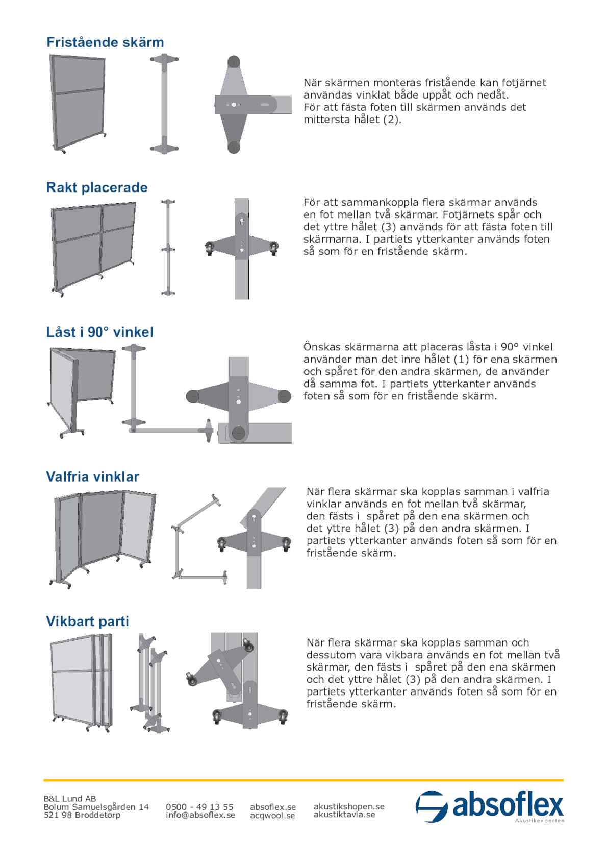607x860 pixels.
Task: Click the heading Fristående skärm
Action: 105,42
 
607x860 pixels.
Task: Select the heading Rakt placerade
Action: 97,187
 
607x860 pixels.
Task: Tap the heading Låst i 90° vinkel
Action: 99,332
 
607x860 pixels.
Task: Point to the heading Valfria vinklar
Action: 92,477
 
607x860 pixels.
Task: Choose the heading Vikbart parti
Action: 87,622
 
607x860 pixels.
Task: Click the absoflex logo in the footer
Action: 489,807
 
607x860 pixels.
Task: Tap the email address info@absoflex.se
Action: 200,816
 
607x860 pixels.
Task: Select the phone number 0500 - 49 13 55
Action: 199,807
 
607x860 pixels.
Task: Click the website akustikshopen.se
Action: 349,806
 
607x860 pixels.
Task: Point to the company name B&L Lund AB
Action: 70,799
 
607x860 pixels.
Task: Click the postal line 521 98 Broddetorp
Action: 82,816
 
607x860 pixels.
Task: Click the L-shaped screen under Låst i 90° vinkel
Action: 82,391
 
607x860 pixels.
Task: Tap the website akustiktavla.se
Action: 344,815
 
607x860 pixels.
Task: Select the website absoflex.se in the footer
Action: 273,807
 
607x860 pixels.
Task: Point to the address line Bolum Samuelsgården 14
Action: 96,807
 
